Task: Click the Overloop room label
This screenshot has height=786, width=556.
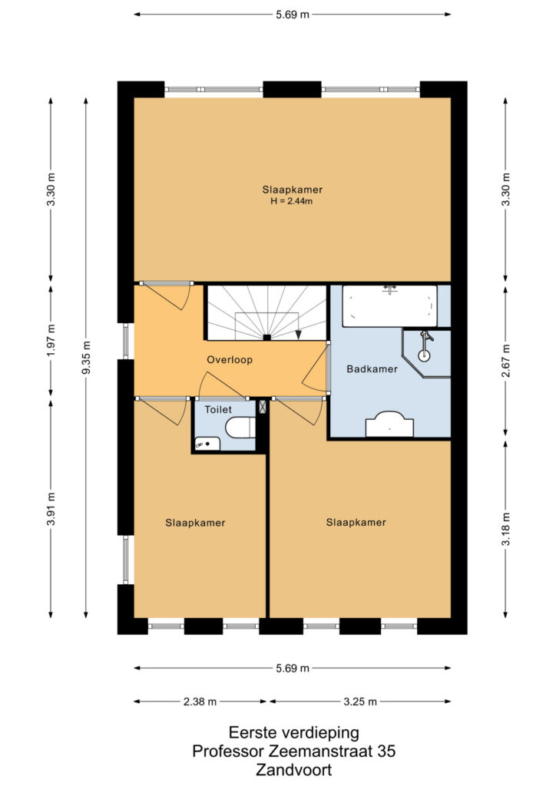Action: (230, 360)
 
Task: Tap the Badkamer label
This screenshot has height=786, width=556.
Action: (372, 369)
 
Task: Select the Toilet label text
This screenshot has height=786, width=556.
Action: (218, 410)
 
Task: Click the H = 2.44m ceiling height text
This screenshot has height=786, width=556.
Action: (292, 202)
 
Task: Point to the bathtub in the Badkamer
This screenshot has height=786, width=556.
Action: (389, 305)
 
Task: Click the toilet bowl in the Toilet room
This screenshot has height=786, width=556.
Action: (240, 428)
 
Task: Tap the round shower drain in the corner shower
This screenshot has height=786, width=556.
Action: (424, 355)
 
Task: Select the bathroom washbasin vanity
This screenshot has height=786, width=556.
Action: (389, 424)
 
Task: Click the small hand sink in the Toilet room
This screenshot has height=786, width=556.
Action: (207, 444)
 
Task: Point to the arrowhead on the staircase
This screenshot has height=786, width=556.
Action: (298, 334)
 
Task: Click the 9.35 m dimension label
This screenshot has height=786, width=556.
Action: (86, 358)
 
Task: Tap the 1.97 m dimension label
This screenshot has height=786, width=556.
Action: (51, 340)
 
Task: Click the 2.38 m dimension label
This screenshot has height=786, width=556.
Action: (200, 702)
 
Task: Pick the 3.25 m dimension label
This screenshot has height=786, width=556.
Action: (360, 702)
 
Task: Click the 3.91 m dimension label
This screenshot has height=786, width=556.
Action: (51, 509)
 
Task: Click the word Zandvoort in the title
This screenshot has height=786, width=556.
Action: (294, 769)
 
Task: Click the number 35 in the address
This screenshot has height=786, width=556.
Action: (386, 751)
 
